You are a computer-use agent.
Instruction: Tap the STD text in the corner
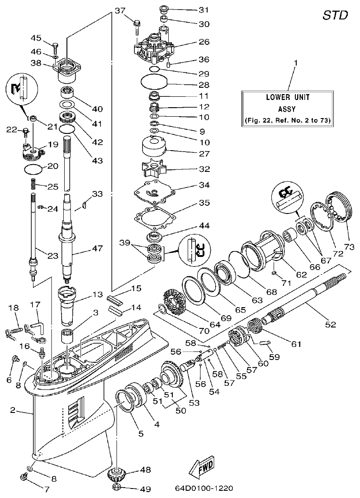click(x=335, y=15)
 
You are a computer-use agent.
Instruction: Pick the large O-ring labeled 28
click(x=154, y=83)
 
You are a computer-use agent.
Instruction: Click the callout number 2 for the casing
click(x=13, y=410)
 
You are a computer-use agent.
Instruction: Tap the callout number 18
click(x=14, y=308)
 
